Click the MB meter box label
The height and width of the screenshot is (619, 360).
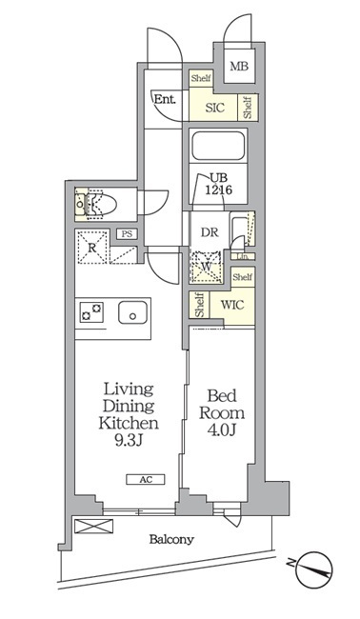click(x=239, y=66)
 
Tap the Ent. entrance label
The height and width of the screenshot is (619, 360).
click(x=165, y=99)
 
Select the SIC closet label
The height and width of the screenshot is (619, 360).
click(x=214, y=108)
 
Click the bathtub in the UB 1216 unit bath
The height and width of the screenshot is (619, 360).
click(x=218, y=146)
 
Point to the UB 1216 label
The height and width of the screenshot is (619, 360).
click(x=218, y=184)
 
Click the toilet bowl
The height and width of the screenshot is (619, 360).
click(x=102, y=205)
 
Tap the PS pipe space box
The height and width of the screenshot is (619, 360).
click(x=127, y=233)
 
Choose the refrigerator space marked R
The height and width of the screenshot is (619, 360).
click(x=92, y=248)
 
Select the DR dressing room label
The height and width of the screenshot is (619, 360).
click(x=210, y=232)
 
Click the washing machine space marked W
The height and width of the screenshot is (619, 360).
click(x=206, y=267)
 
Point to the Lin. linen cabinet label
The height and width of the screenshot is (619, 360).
click(x=242, y=256)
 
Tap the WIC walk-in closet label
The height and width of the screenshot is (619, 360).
click(x=232, y=305)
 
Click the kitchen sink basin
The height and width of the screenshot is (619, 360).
click(x=133, y=312)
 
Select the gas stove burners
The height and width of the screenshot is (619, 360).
click(x=91, y=311)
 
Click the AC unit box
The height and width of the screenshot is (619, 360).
click(x=146, y=480)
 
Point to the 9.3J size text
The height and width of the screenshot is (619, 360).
click(x=129, y=440)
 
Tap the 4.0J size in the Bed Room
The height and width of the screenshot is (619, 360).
click(x=222, y=429)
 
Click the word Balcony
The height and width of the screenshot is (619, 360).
click(x=171, y=539)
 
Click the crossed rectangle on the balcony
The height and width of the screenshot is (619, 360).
click(x=94, y=526)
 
